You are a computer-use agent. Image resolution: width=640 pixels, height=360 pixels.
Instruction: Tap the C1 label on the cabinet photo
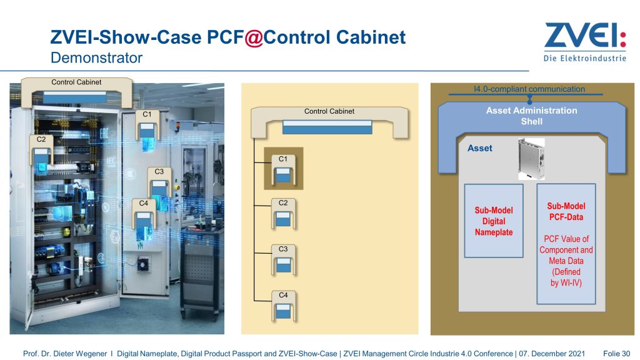(x=147, y=114)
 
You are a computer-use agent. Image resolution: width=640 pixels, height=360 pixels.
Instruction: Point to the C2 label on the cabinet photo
(x=41, y=139)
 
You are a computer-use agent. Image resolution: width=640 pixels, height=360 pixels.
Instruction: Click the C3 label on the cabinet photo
(x=159, y=171)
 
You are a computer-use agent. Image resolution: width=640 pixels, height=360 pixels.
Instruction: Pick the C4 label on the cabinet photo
(x=144, y=203)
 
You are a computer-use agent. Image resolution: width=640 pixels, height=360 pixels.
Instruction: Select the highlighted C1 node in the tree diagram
(x=283, y=169)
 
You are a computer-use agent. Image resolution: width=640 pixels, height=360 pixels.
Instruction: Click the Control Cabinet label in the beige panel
(x=329, y=111)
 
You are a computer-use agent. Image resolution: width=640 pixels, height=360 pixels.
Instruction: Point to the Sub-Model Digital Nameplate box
(x=493, y=221)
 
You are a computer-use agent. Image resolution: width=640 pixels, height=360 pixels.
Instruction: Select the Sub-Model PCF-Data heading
(x=566, y=211)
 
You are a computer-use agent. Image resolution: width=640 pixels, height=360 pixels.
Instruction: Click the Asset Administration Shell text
(x=531, y=116)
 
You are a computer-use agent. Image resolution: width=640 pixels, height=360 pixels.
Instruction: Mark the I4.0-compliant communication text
(x=529, y=89)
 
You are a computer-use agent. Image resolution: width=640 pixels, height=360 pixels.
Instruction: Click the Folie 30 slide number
(x=616, y=354)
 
